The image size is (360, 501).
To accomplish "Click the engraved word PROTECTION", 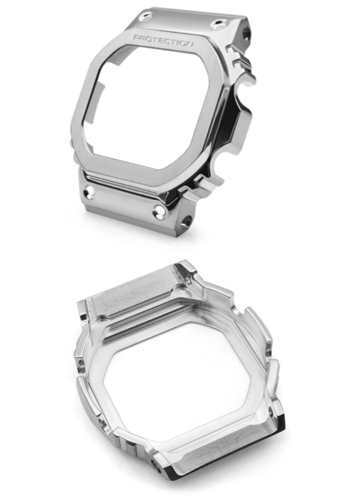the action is coord(163,40).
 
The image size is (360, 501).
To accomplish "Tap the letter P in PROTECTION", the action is coord(136,38).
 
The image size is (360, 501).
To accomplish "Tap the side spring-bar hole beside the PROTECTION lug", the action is coord(246,33).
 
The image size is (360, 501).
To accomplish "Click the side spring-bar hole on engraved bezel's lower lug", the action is coord(186,222).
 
